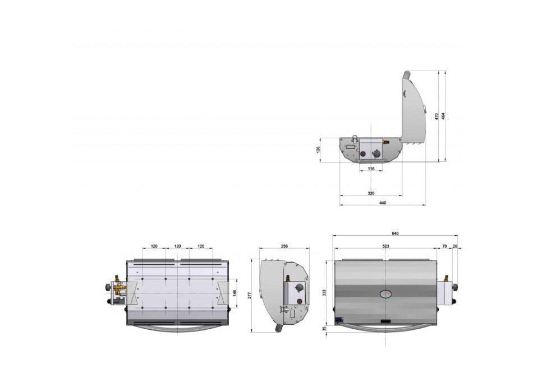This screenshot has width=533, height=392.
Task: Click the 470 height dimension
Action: click(436, 116)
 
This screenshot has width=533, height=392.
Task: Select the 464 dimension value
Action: click(443, 116)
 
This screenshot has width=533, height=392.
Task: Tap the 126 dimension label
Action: click(318, 150)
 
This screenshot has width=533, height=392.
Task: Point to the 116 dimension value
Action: click(371, 169)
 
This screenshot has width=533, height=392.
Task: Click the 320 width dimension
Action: click(371, 193)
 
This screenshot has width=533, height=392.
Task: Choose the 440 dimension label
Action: click(383, 203)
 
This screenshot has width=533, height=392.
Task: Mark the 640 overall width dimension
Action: click(395, 234)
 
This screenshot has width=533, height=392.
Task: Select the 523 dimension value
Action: click(385, 246)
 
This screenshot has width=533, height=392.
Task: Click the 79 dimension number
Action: click(444, 246)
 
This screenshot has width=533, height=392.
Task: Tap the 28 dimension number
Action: click(455, 246)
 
